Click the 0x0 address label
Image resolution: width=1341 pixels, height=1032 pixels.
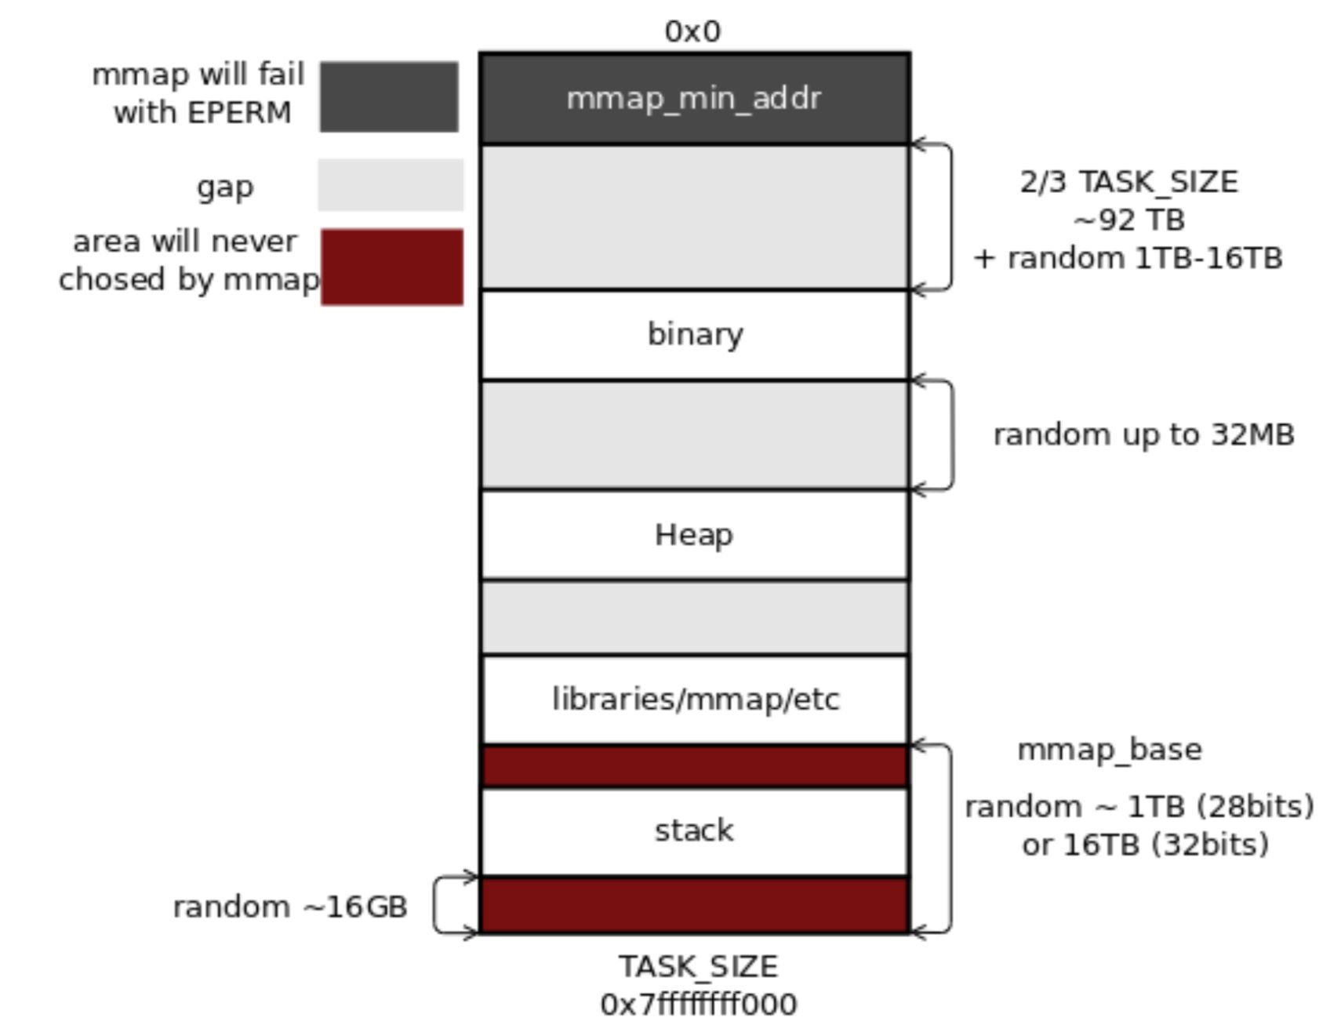(x=692, y=31)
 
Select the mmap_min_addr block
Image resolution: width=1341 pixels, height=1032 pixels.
(x=694, y=99)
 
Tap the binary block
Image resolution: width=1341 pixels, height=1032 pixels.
(x=695, y=335)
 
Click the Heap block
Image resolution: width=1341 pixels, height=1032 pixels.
(x=694, y=535)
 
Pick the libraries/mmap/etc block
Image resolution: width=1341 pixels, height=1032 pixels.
(x=695, y=700)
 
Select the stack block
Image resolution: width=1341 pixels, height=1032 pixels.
(x=694, y=830)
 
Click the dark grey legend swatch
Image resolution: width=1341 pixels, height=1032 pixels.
(x=389, y=97)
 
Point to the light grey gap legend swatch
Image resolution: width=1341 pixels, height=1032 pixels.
(x=391, y=185)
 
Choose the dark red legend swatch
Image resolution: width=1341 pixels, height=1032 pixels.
(x=392, y=267)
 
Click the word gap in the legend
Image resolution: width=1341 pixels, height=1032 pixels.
(x=225, y=187)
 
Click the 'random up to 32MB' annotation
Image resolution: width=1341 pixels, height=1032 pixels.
(x=1143, y=434)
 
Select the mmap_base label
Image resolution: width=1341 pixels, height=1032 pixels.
(x=1109, y=750)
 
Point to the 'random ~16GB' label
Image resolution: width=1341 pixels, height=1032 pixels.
(x=290, y=907)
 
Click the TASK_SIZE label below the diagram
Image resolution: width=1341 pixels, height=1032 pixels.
(x=698, y=966)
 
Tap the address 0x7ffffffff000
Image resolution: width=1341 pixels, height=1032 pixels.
(x=698, y=1004)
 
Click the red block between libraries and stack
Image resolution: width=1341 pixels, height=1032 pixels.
(x=694, y=766)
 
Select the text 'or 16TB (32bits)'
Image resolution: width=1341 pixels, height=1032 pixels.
(x=1145, y=845)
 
